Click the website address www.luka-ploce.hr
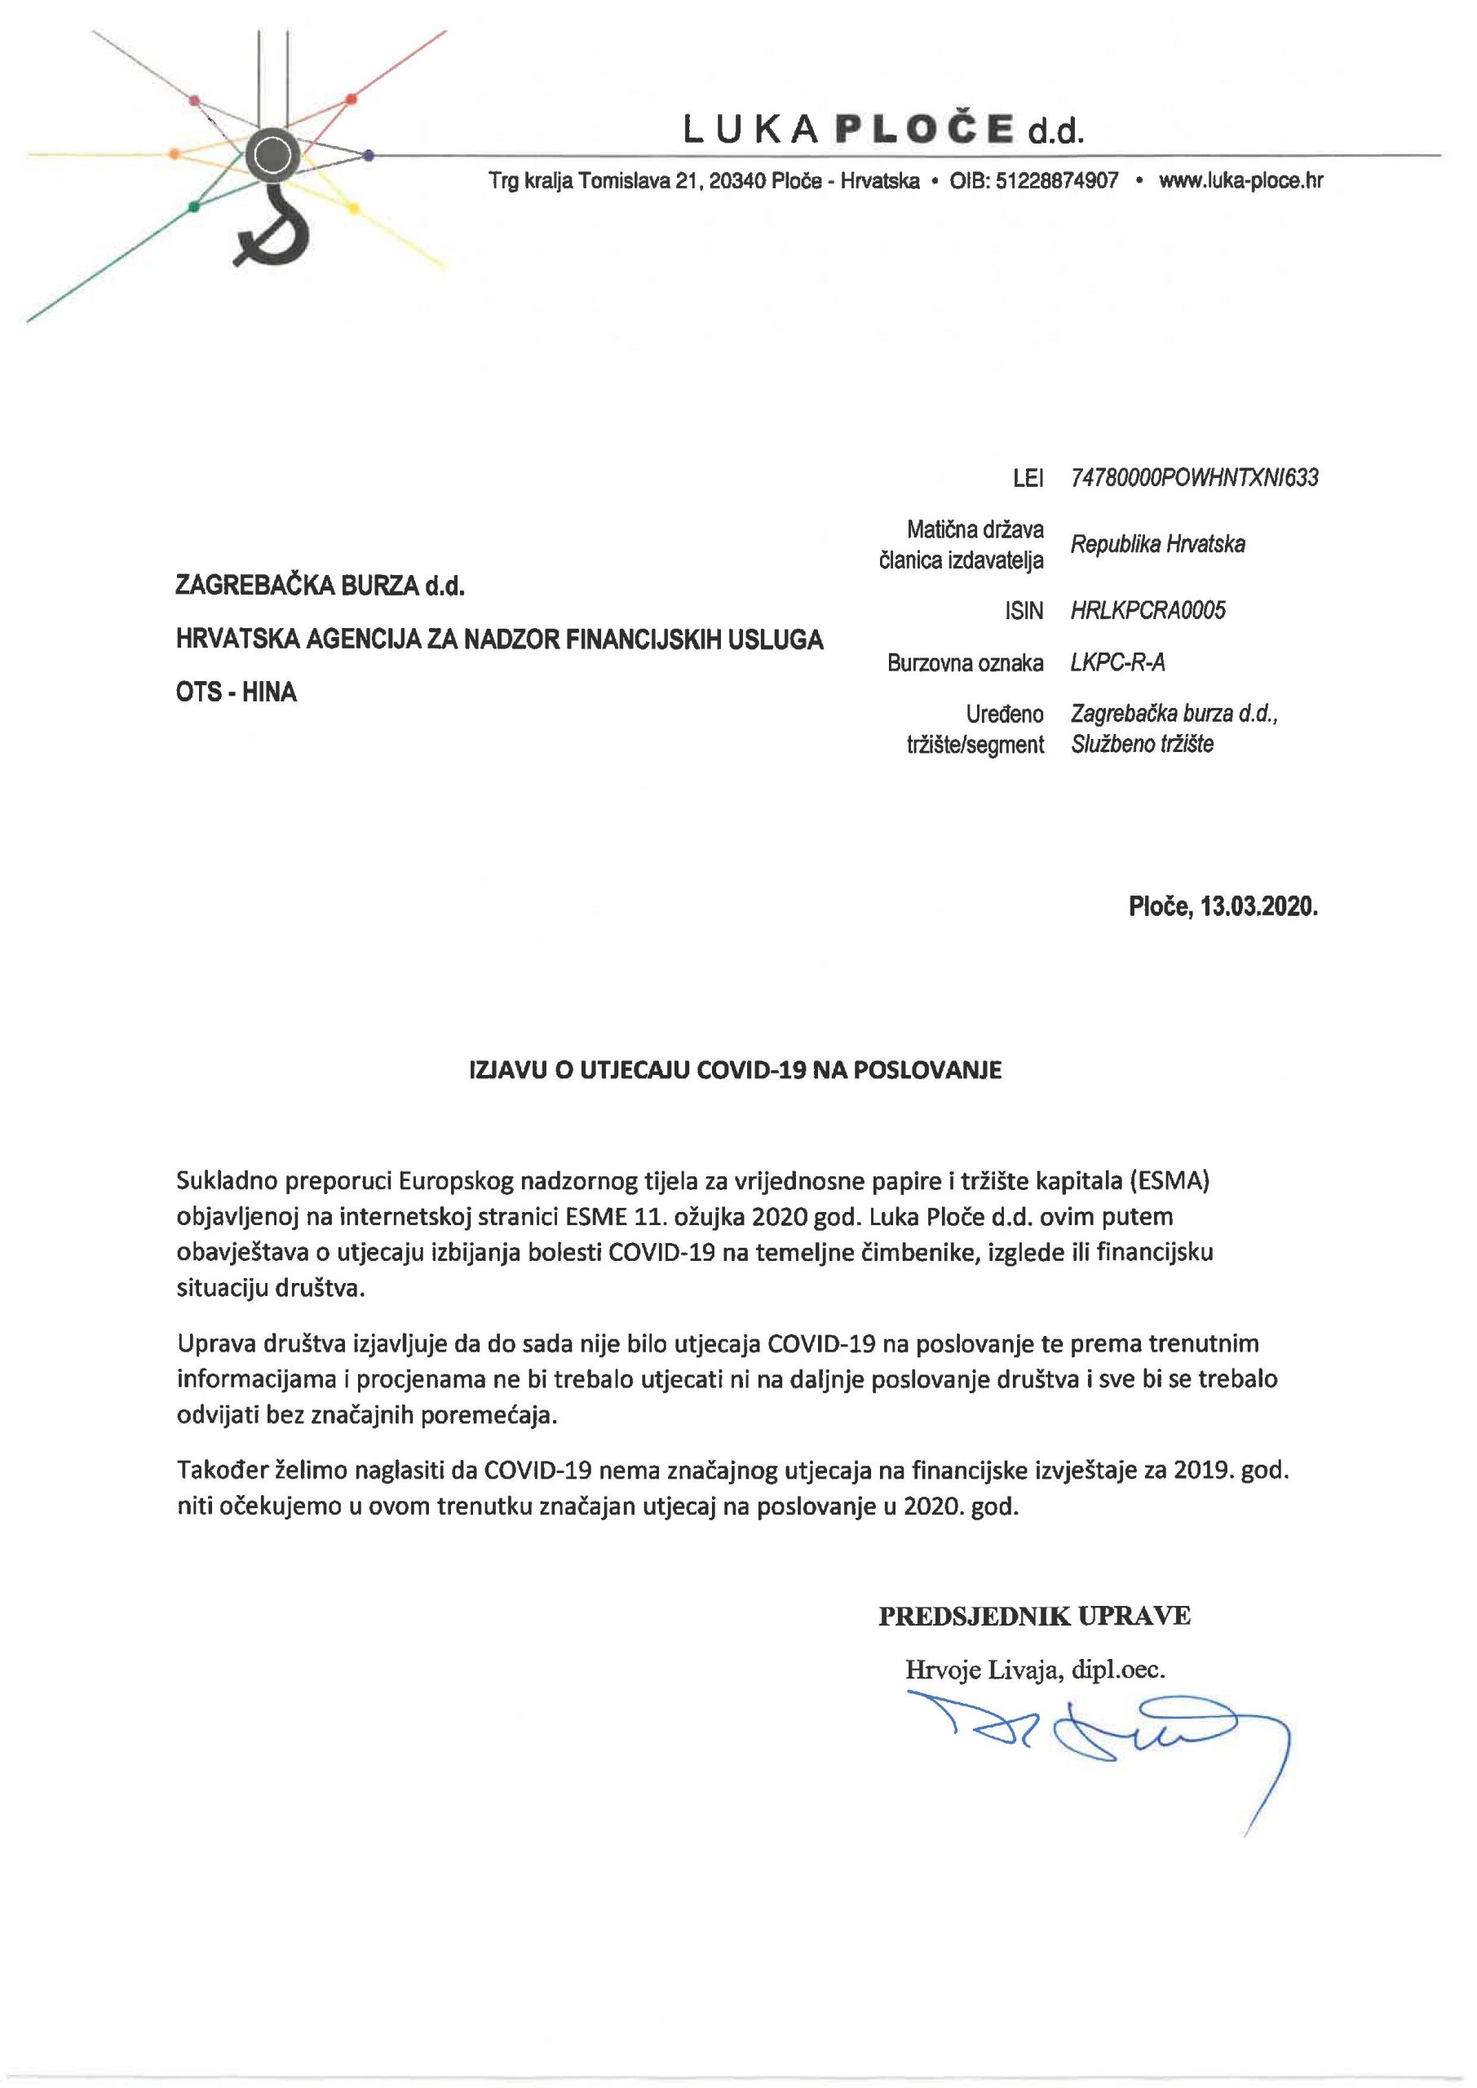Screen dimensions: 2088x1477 point(1240,180)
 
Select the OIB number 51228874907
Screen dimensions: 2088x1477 point(1057,180)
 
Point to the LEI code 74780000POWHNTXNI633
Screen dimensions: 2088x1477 point(1194,477)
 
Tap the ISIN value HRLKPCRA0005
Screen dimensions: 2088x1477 point(1148,610)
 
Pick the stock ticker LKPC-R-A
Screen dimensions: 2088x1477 point(1118,662)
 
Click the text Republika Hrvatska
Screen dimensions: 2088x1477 point(1156,544)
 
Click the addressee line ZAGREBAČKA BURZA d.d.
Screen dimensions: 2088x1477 point(321,586)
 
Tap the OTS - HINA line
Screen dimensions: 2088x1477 point(237,692)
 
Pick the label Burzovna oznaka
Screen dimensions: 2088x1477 point(965,663)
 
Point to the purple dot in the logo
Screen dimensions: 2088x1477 point(369,155)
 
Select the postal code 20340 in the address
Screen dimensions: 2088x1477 point(736,180)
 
